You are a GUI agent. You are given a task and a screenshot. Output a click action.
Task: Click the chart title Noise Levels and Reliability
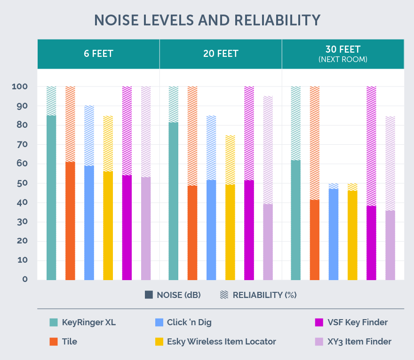[x=207, y=20]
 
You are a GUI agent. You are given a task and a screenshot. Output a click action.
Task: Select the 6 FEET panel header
[x=98, y=54]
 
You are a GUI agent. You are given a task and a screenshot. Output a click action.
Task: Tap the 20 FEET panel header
[x=221, y=54]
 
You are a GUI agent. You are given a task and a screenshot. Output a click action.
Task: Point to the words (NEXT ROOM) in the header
[x=342, y=60]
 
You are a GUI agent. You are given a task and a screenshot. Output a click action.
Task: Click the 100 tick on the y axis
[x=20, y=87]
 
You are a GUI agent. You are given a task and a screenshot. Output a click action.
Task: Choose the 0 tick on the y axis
[x=25, y=280]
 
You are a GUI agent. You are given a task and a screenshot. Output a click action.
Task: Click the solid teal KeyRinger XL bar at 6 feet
[x=51, y=197]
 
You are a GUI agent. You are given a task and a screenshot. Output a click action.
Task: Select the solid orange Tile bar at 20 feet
[x=192, y=233]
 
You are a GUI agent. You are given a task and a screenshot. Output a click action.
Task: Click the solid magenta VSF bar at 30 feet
[x=371, y=243]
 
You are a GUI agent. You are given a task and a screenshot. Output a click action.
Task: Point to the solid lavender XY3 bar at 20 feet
[x=268, y=242]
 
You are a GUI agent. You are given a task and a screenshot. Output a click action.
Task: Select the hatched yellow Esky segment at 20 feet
[x=230, y=160]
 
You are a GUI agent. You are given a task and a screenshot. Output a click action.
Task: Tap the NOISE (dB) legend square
[x=149, y=295]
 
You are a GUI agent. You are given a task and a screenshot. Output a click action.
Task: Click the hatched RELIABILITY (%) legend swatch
[x=224, y=295]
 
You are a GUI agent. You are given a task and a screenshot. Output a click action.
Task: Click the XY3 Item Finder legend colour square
[x=318, y=342]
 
